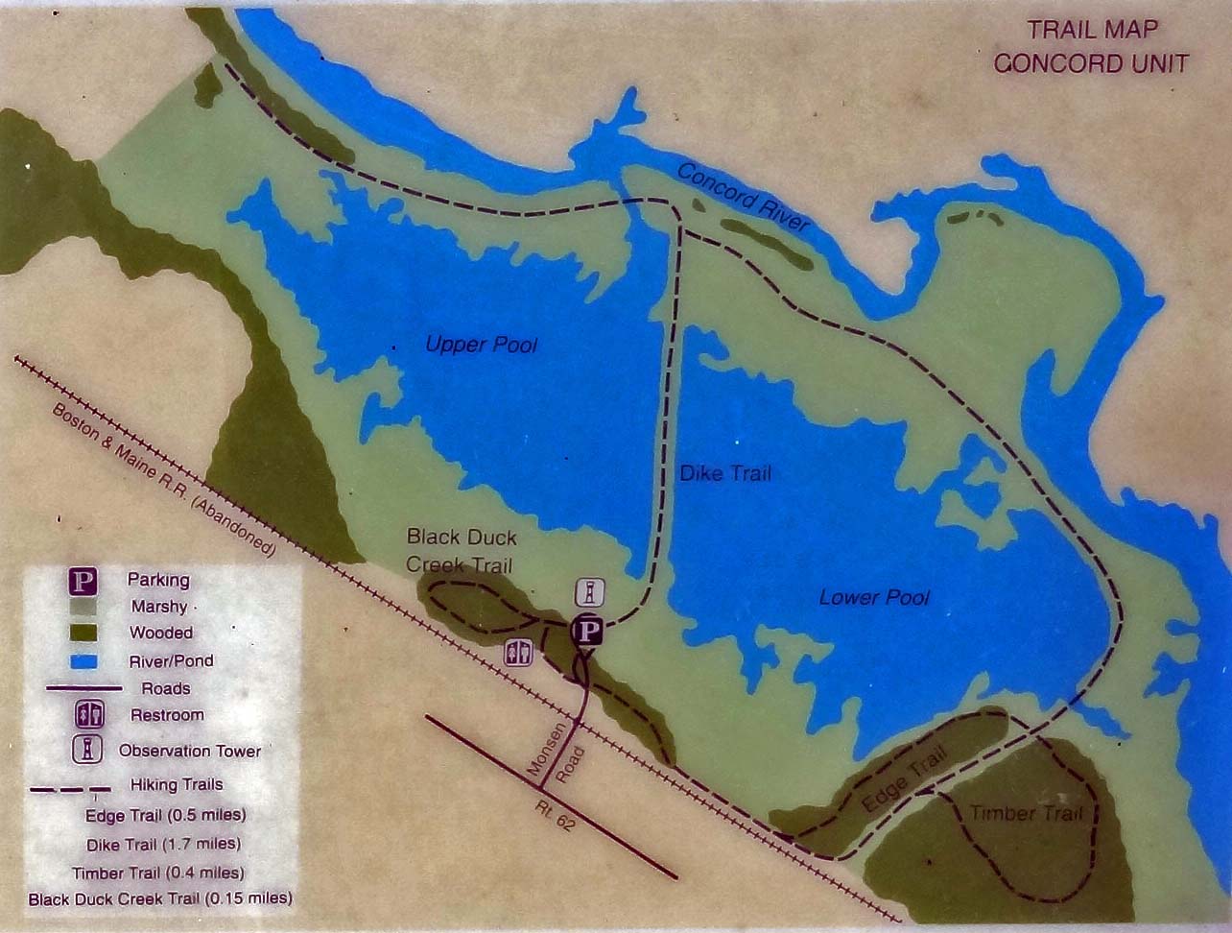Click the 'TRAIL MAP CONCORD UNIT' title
pyautogui.click(x=1091, y=47)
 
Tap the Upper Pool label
pyautogui.click(x=481, y=344)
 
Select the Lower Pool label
pyautogui.click(x=874, y=597)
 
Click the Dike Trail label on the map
pyautogui.click(x=724, y=473)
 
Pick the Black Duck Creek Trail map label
pyautogui.click(x=461, y=550)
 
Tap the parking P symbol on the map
pyautogui.click(x=586, y=631)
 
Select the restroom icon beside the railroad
pyautogui.click(x=518, y=653)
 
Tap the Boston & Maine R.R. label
pyautogui.click(x=163, y=479)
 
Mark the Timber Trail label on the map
pyautogui.click(x=1026, y=814)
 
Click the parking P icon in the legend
pyautogui.click(x=85, y=581)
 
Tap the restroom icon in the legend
pyautogui.click(x=87, y=715)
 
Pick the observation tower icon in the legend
pyautogui.click(x=87, y=750)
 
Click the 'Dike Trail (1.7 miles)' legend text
pyautogui.click(x=163, y=845)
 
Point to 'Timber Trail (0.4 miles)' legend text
pyautogui.click(x=157, y=873)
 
